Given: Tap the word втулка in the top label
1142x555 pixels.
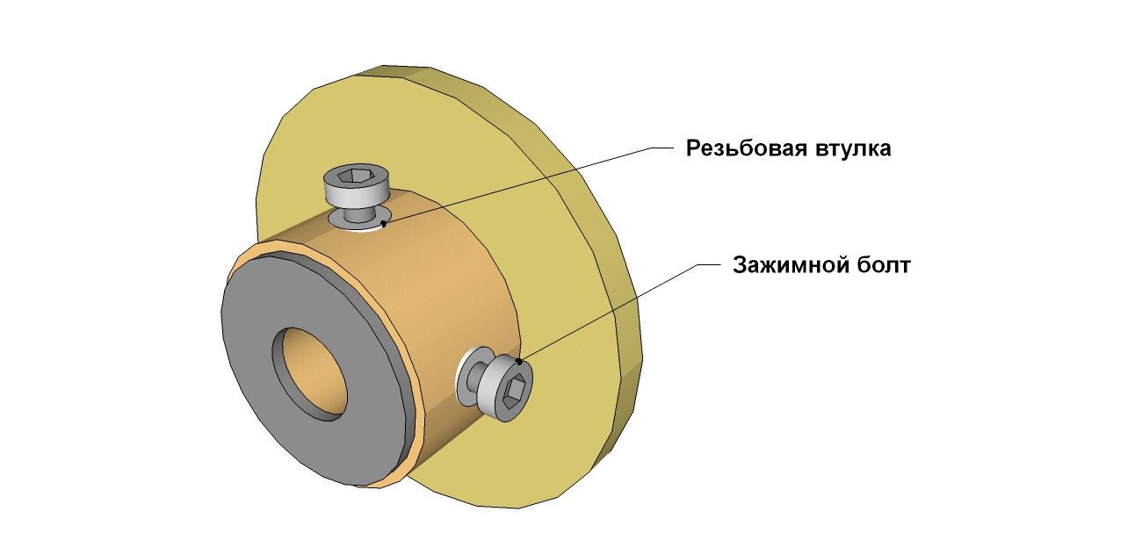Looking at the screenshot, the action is click(849, 148).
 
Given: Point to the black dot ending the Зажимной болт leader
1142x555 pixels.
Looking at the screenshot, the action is click(520, 361).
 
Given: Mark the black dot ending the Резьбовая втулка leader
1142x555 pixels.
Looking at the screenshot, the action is click(384, 224).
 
